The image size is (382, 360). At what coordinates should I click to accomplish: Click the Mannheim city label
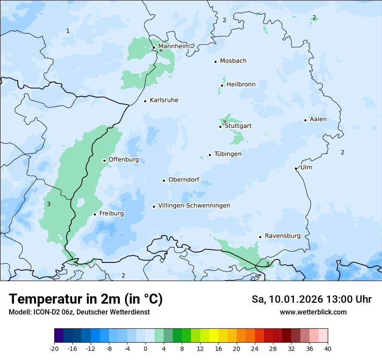[x=174, y=46]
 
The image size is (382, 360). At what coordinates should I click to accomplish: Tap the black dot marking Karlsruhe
[x=145, y=101]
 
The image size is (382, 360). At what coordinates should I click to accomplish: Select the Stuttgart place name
[x=238, y=126]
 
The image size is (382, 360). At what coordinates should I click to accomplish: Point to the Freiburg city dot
[x=95, y=214]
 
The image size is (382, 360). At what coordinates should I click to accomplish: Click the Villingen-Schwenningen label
[x=194, y=206]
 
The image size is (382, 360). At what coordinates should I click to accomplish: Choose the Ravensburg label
[x=282, y=236]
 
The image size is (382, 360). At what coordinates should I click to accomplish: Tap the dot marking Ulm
[x=296, y=168]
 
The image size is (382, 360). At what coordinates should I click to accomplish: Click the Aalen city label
[x=318, y=119]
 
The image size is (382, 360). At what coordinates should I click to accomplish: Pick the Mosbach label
[x=233, y=61]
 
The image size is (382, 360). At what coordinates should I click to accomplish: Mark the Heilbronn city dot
[x=222, y=85]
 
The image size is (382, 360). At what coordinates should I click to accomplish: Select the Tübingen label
[x=227, y=154]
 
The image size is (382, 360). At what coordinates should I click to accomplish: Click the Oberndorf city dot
[x=164, y=180]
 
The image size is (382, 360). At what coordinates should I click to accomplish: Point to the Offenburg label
[x=123, y=160]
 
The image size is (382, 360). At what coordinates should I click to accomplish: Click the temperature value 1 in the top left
[x=68, y=31]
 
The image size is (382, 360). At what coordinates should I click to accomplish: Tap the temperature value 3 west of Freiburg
[x=49, y=204]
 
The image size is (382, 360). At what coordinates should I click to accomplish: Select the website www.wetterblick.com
[x=313, y=312]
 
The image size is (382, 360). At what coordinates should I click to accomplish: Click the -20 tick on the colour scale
[x=54, y=349]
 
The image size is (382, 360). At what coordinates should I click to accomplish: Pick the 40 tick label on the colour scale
[x=327, y=349]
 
